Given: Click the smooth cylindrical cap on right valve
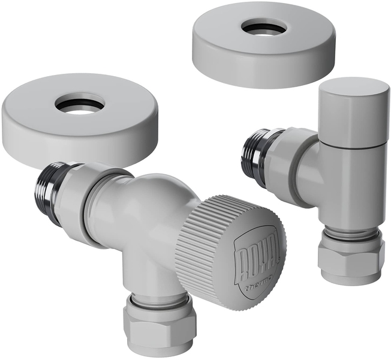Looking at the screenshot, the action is [354, 114].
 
